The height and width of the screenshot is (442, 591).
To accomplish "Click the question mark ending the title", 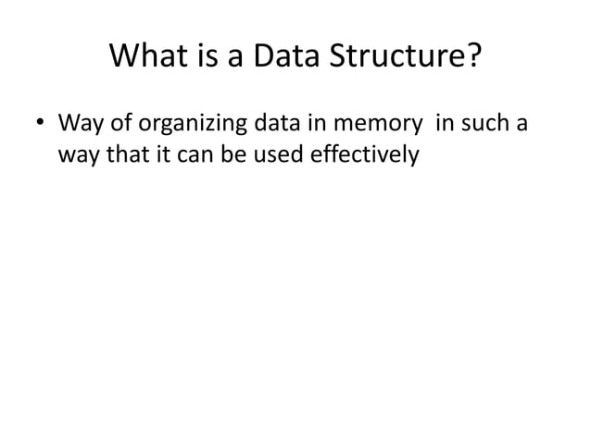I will pos(473,57).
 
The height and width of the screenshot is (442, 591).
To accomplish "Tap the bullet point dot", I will pos(41,124).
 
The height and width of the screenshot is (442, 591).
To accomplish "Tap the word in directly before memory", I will pos(314,123).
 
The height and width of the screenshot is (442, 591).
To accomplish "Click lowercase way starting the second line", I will pos(77,154).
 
